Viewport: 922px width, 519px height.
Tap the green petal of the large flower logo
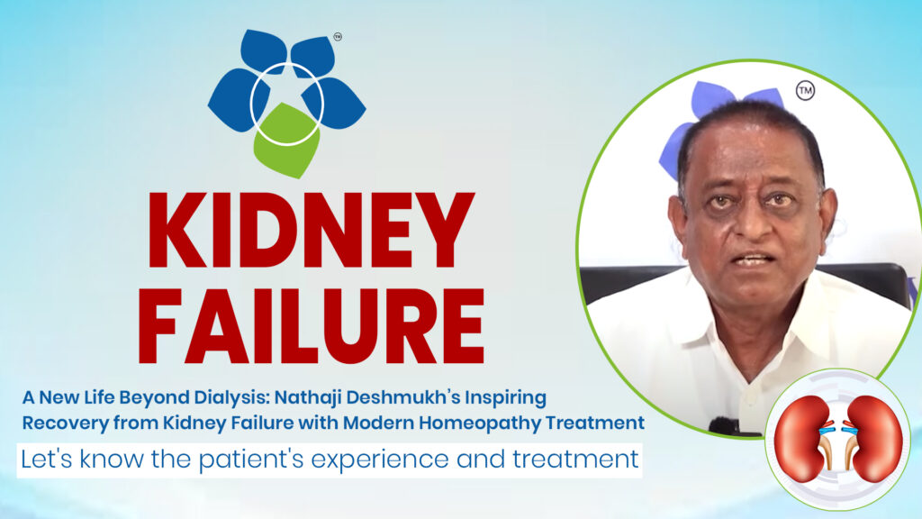tap(285, 140)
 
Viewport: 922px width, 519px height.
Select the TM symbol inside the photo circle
tap(805, 91)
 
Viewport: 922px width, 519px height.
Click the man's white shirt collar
tap(684, 311)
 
